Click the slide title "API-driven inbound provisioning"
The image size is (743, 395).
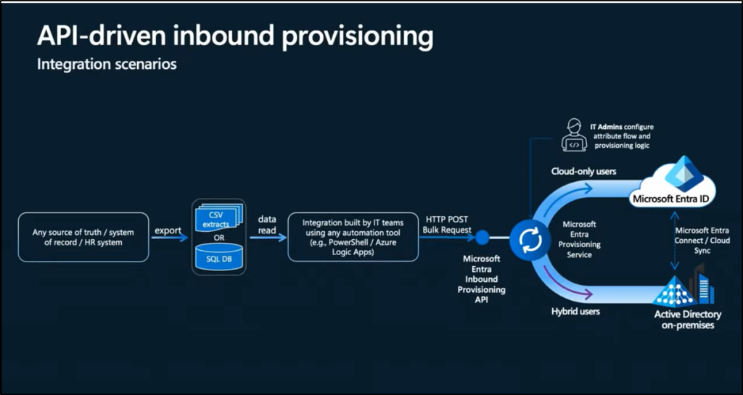pos(235,36)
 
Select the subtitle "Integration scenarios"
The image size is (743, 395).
pos(107,65)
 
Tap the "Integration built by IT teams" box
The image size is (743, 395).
pos(353,237)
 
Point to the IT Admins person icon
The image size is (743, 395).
pos(574,136)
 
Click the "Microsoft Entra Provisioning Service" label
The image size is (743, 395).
pos(580,240)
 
